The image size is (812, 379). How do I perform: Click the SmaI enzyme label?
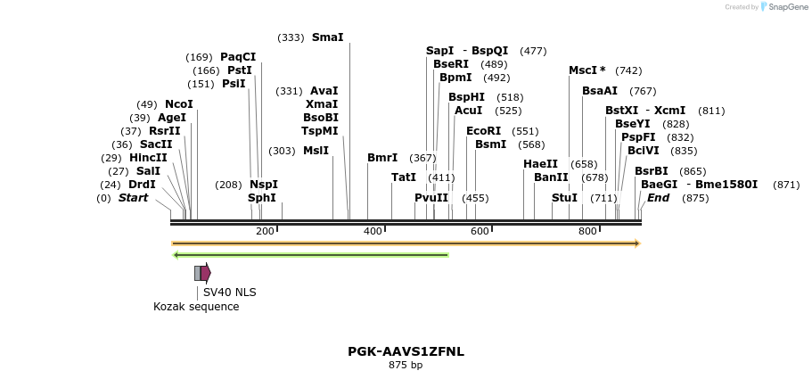point(327,37)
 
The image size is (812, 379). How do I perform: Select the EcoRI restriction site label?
point(483,131)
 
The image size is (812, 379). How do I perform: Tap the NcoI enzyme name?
point(178,104)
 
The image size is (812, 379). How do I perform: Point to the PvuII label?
point(431,198)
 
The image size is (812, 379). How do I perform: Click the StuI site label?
point(564,198)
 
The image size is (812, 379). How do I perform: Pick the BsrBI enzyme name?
point(651,171)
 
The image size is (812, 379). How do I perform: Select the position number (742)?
point(628,70)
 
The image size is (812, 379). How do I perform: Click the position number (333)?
point(291,37)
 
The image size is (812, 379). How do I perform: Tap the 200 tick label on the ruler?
point(265,232)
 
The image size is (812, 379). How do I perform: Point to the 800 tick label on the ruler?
point(586,232)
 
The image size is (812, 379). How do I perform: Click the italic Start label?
point(133,198)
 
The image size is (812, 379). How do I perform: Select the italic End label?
point(658,198)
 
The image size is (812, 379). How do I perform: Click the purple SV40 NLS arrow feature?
point(206,273)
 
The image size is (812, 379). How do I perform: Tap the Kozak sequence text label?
point(196,307)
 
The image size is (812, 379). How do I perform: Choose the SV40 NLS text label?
point(229,292)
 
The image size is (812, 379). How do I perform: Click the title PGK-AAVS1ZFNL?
point(406,351)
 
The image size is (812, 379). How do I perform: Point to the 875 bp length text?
point(406,365)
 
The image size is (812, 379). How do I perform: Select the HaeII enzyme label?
point(540,164)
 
